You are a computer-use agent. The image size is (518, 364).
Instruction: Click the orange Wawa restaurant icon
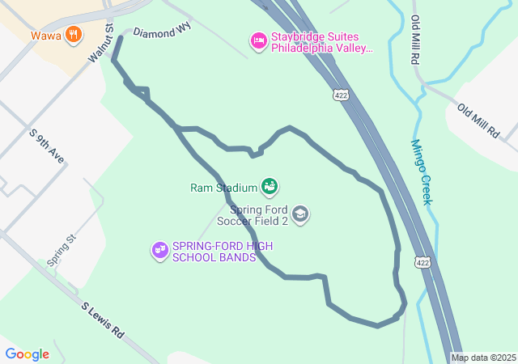coord(74,34)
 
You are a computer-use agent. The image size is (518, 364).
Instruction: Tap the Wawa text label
coord(46,36)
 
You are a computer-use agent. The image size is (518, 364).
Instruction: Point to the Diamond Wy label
coord(162,33)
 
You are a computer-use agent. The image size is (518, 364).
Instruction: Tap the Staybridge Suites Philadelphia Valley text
coord(321,42)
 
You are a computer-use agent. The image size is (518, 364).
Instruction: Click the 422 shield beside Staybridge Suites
coord(340,95)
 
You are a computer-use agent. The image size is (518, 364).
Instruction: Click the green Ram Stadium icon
coord(270,187)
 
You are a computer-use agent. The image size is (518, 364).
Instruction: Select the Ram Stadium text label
coord(224,188)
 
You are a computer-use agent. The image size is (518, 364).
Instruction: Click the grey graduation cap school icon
coord(300,214)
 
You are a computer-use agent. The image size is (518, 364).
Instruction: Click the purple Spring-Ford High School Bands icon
coord(159,251)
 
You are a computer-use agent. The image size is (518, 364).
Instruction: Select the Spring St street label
coord(61,251)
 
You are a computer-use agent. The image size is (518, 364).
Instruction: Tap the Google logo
coord(28,353)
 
